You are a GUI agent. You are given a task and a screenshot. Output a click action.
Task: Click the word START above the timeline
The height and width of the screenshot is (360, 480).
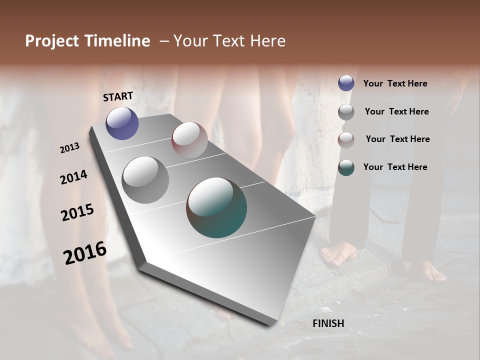click(x=118, y=96)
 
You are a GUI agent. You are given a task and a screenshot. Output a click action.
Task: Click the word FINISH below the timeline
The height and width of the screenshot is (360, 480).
click(x=328, y=323)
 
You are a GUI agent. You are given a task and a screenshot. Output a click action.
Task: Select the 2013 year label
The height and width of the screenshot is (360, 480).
click(x=69, y=148)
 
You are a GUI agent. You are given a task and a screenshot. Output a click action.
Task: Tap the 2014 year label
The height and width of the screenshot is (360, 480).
click(x=73, y=177)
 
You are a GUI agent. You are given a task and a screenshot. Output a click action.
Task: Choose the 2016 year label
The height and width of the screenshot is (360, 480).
click(x=85, y=253)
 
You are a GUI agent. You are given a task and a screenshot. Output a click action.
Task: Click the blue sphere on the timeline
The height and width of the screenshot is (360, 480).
click(x=122, y=123)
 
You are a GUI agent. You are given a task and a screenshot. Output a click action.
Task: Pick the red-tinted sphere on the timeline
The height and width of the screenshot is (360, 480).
click(x=189, y=140)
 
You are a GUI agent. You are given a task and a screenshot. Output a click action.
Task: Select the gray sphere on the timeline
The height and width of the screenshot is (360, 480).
click(x=145, y=180)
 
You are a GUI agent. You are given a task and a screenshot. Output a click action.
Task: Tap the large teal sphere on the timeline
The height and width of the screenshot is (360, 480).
click(x=216, y=207)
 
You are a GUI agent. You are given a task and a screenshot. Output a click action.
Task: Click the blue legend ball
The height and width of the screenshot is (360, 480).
click(x=346, y=83)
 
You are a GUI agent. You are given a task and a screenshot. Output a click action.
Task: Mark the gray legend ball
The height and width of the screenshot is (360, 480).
click(x=346, y=112)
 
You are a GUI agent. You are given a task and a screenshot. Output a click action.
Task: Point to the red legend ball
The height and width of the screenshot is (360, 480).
click(x=346, y=140)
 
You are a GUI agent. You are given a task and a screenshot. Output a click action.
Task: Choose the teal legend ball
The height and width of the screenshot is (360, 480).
click(x=346, y=167)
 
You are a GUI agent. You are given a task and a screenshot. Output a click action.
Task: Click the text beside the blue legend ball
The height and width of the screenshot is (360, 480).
click(x=395, y=83)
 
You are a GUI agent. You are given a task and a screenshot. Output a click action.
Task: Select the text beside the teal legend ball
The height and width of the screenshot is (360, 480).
click(x=395, y=167)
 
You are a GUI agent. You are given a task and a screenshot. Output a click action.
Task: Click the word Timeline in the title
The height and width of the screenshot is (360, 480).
click(x=117, y=41)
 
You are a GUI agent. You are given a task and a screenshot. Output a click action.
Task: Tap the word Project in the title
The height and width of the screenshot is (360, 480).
click(x=51, y=41)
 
